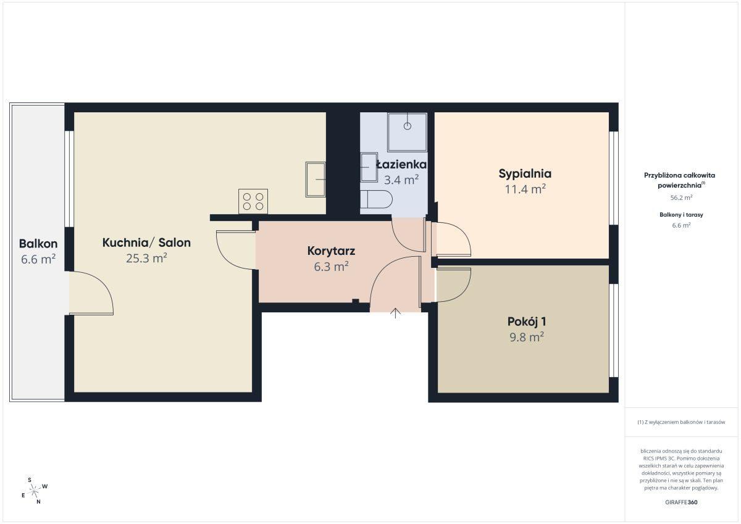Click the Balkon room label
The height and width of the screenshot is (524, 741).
(x=38, y=244)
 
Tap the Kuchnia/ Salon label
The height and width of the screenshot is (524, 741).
(x=146, y=243)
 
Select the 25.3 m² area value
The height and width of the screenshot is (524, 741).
(x=146, y=258)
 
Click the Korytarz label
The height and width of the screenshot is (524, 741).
(x=331, y=251)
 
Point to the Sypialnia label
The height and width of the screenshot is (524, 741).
(x=525, y=174)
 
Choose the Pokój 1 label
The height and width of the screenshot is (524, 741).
(x=527, y=322)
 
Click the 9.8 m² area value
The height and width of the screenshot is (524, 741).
(x=527, y=337)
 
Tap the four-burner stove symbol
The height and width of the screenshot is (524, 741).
(x=253, y=201)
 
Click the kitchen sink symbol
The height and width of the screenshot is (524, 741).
(x=316, y=180)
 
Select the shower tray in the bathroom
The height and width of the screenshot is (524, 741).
(x=407, y=132)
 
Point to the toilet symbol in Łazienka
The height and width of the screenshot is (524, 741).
(x=376, y=199)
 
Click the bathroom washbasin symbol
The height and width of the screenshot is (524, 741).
(x=369, y=167)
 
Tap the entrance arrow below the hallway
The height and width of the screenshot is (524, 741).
(x=395, y=313)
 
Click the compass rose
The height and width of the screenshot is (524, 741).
(x=35, y=491)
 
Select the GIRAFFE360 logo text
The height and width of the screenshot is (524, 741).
(x=681, y=502)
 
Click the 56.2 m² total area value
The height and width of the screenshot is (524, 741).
(x=681, y=198)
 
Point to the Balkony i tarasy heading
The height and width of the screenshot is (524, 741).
(x=681, y=215)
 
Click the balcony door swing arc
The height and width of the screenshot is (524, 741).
(x=103, y=285)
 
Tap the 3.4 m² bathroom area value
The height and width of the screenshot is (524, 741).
(x=401, y=180)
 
